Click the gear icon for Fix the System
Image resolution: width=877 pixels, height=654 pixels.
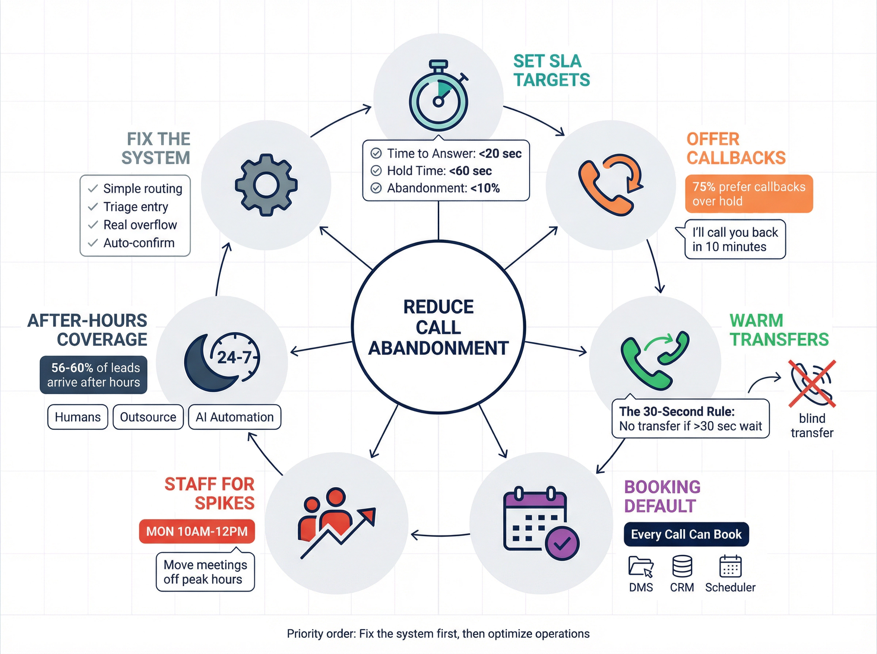pos(266,185)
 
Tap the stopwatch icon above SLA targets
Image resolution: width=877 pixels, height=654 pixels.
pos(438,97)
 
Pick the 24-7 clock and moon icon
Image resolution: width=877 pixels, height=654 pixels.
pos(222,361)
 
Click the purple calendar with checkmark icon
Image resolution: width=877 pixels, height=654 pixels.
pos(541,523)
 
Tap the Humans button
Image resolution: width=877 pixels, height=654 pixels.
pos(78,417)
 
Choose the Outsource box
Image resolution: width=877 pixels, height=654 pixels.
pos(148,417)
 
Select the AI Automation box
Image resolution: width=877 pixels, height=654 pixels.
pos(234,417)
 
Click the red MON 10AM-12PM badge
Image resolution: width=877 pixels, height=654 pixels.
pos(197,531)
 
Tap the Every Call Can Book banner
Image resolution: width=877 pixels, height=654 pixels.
pos(686,534)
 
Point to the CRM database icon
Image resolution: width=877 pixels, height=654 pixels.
pos(682,566)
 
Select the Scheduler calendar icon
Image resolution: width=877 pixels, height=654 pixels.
pos(730,566)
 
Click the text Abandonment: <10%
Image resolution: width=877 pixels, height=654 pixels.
pos(443,188)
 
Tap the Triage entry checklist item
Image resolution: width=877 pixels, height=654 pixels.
pos(136,207)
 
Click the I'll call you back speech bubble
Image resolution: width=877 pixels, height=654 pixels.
pos(735,239)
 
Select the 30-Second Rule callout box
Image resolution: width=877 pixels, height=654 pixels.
pos(690,419)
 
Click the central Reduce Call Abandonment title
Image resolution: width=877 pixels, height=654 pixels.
pos(438,327)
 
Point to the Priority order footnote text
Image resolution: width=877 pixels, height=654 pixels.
pos(438,634)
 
